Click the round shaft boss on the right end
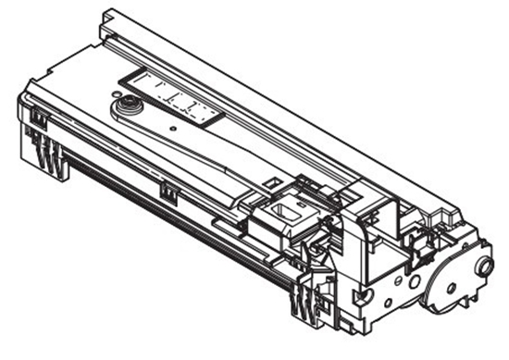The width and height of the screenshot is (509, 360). pyautogui.click(x=482, y=267)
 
